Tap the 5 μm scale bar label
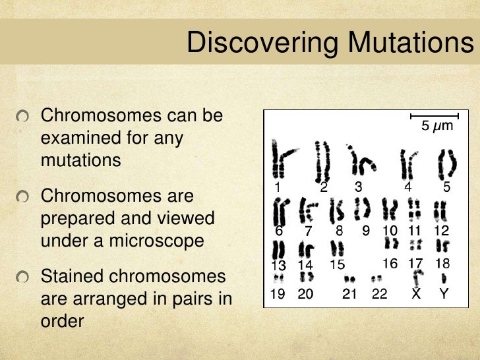pyautogui.click(x=437, y=125)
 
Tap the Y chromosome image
pyautogui.click(x=444, y=280)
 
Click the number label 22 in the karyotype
pyautogui.click(x=379, y=295)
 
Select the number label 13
pyautogui.click(x=278, y=266)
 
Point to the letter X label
pyautogui.click(x=416, y=295)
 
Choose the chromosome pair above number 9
pyautogui.click(x=362, y=210)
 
